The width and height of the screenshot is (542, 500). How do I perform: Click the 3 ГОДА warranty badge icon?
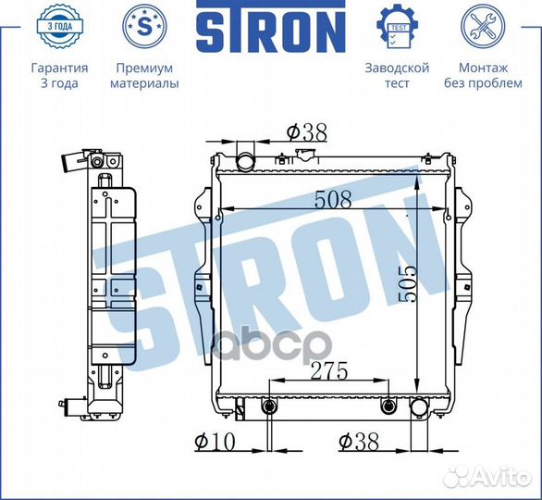coord(59,26)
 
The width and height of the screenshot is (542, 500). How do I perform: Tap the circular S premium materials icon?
coord(145,26)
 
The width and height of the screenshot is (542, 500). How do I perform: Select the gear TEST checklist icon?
coord(397,26)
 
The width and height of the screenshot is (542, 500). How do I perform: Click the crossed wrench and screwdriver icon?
coord(483,26)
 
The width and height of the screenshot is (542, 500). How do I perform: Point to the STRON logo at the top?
coord(271,26)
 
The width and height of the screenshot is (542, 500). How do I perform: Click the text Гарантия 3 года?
coord(59,75)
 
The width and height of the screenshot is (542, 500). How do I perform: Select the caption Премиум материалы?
coord(144,75)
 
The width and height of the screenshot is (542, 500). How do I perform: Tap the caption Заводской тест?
coord(397,75)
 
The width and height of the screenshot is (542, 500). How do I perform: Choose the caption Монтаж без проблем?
coord(483,75)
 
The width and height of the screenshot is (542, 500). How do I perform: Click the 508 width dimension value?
coord(333,199)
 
